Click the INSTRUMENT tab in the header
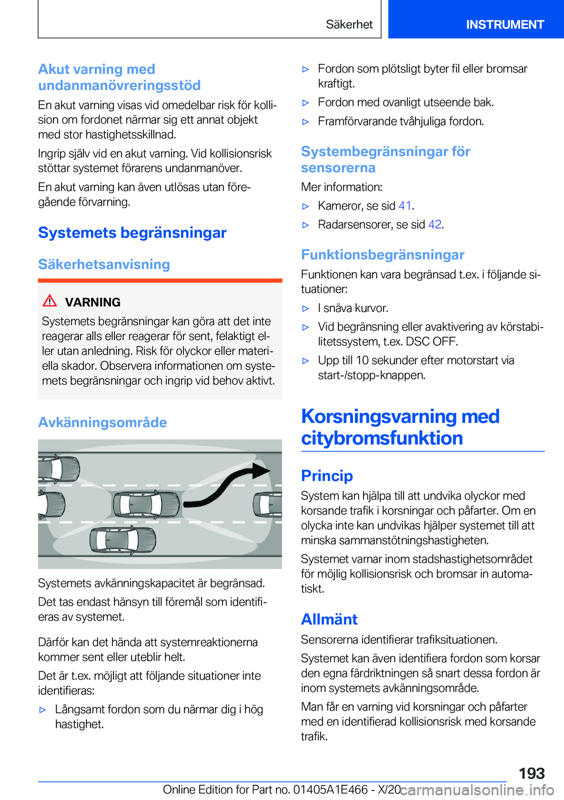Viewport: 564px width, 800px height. (505, 25)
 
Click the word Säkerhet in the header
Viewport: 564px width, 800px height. (349, 25)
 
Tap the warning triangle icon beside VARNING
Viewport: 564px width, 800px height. (50, 301)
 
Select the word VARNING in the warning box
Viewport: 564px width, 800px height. (93, 302)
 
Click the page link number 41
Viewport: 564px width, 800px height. (405, 206)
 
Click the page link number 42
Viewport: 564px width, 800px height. (435, 224)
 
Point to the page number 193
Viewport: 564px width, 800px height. (531, 773)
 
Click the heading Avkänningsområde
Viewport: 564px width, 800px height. (102, 422)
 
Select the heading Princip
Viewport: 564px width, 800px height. (327, 476)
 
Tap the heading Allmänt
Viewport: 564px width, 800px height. (329, 619)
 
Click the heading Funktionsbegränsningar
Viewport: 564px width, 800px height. (382, 255)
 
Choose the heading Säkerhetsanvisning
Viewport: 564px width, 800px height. (104, 264)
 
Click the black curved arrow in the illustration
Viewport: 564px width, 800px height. (226, 485)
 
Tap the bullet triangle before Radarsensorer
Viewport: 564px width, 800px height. (305, 225)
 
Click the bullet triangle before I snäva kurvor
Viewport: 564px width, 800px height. (305, 308)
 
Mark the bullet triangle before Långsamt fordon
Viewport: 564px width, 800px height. (42, 710)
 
